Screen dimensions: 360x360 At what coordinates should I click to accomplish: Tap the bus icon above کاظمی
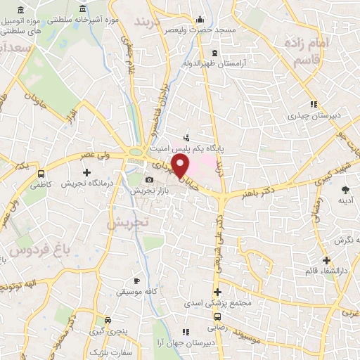(x=41, y=173)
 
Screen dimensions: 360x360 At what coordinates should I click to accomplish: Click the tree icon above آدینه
(x=345, y=190)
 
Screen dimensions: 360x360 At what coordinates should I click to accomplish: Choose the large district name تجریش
(x=129, y=222)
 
